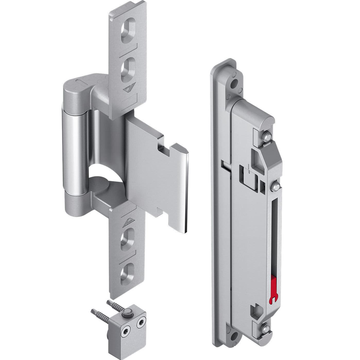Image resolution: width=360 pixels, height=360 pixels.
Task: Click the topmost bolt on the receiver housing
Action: click(x=267, y=136)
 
